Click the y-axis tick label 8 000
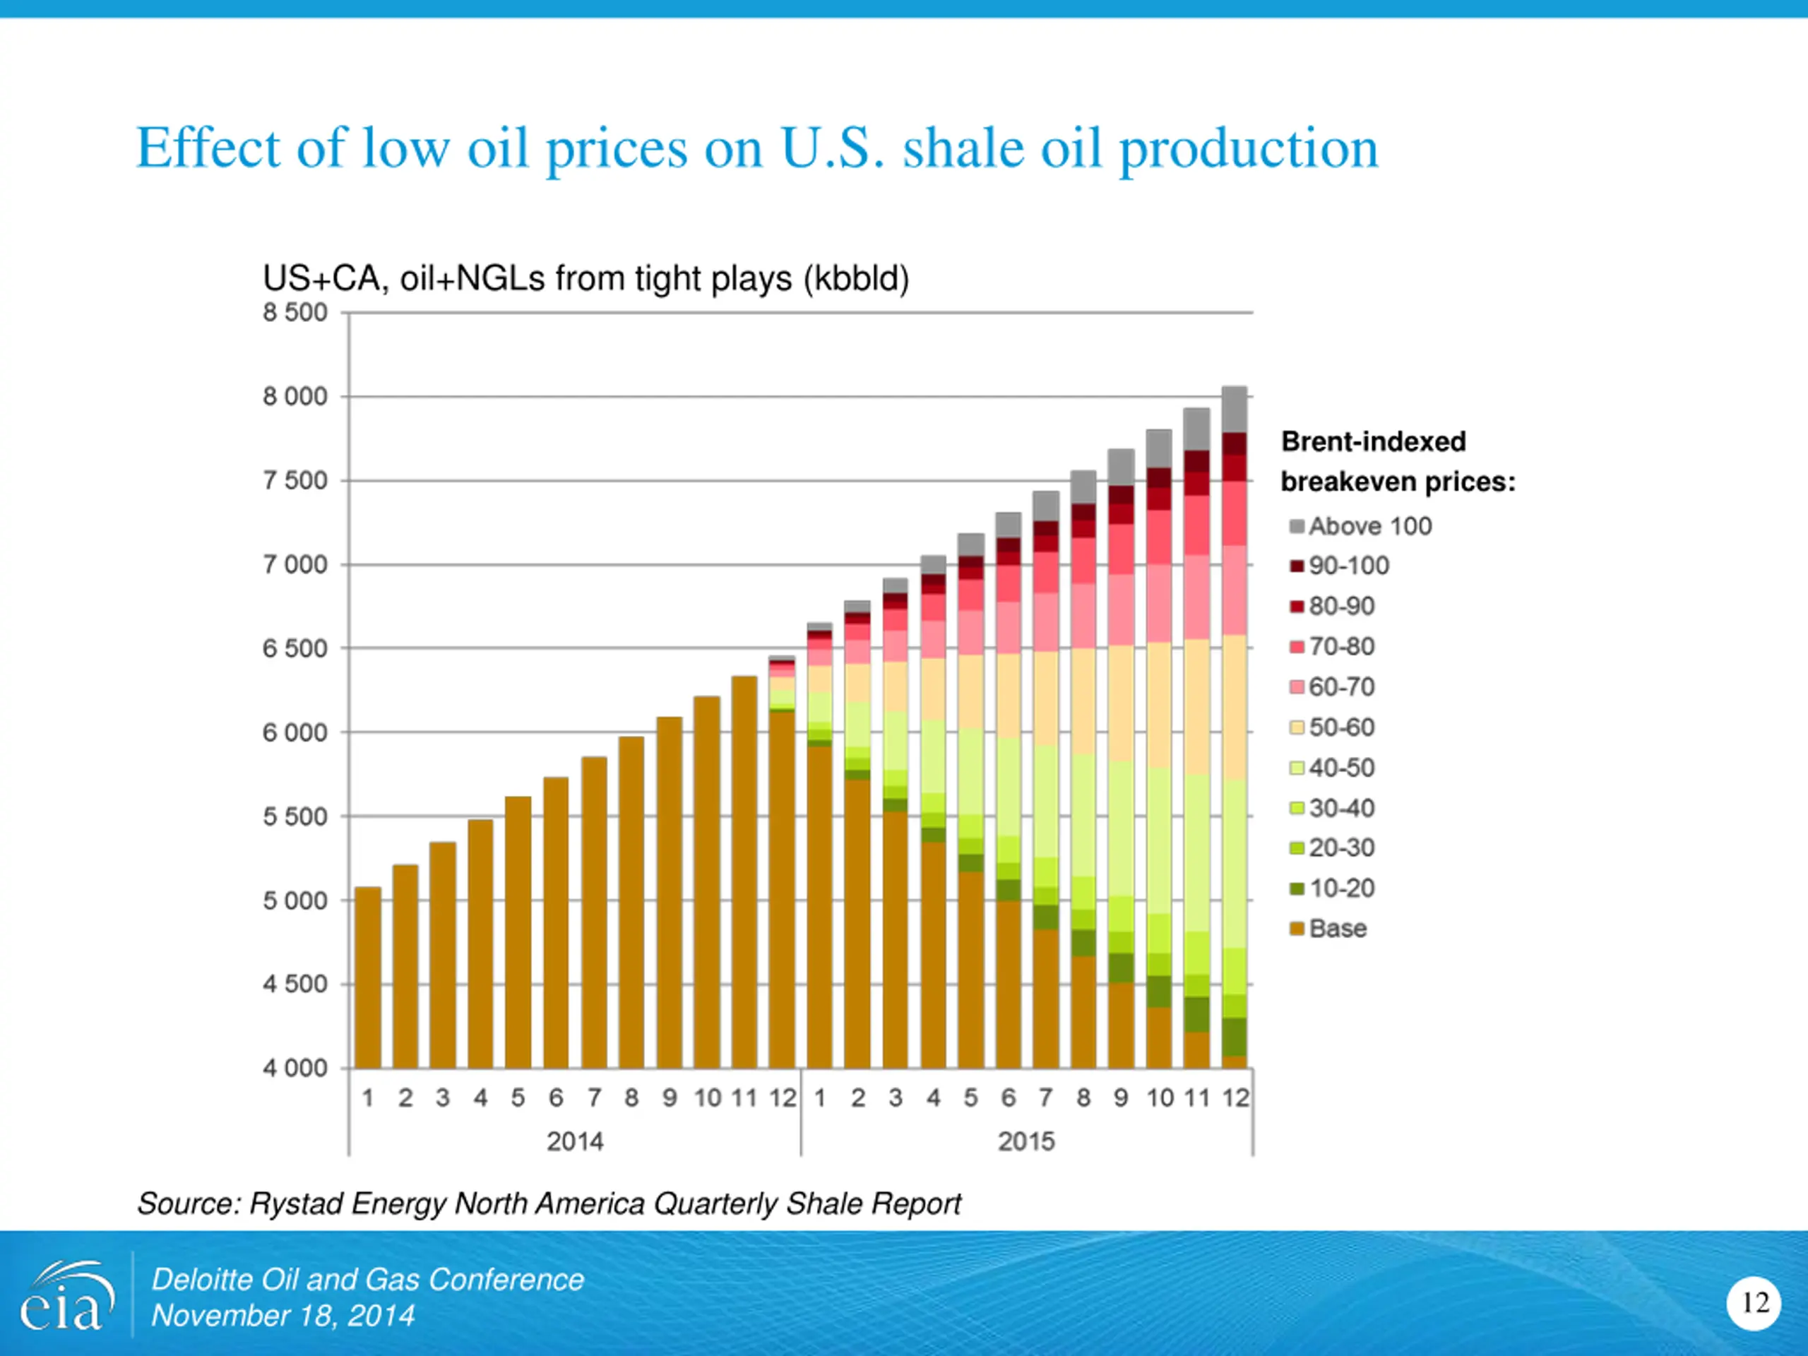[295, 397]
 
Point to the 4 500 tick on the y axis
[295, 984]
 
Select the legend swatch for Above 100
[1297, 526]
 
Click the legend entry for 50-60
[1341, 727]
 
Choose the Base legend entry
[1337, 929]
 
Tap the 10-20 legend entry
[1341, 888]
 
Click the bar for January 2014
[368, 977]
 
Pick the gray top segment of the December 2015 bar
[1235, 409]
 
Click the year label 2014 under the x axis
[575, 1141]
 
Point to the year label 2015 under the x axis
[1027, 1141]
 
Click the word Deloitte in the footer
[201, 1280]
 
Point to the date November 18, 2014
[282, 1316]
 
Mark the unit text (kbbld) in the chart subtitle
[856, 279]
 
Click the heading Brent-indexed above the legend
[1373, 442]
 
